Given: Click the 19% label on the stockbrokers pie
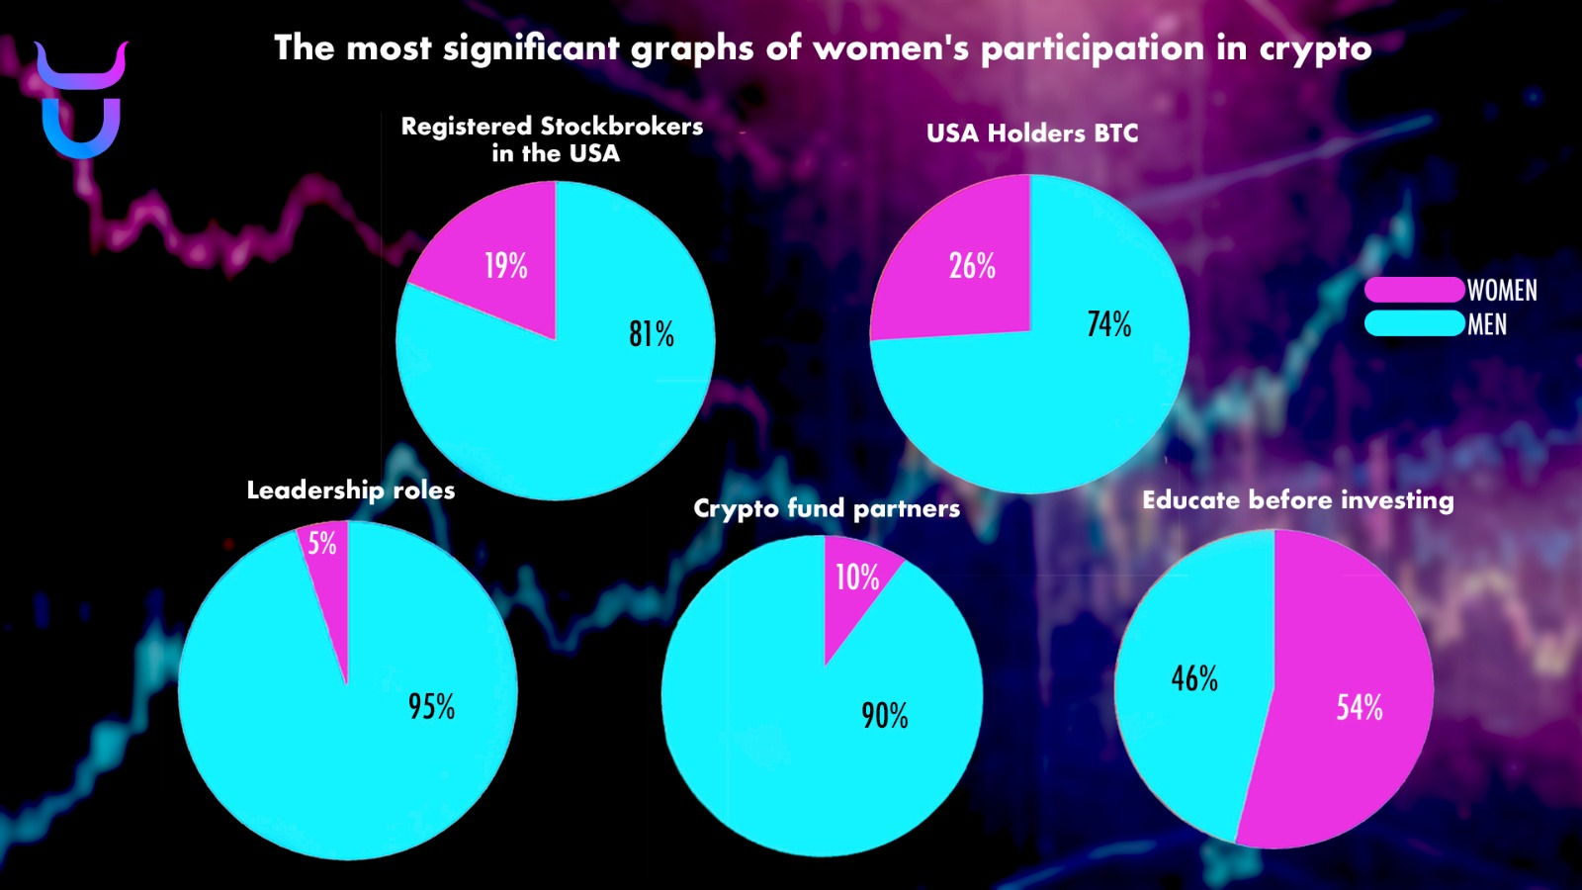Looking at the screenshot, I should pyautogui.click(x=505, y=266).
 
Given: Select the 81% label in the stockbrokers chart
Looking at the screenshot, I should pyautogui.click(x=652, y=334).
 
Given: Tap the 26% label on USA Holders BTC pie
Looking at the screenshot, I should pyautogui.click(x=972, y=266).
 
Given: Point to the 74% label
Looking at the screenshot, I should pyautogui.click(x=1108, y=324).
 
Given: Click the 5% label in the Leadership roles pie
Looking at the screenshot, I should pyautogui.click(x=322, y=543).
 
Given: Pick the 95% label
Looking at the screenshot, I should pyautogui.click(x=431, y=707).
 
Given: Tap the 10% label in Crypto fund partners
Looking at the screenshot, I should pyautogui.click(x=857, y=578).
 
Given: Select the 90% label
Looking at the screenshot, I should pyautogui.click(x=884, y=716).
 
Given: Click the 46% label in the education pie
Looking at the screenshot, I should pyautogui.click(x=1194, y=678).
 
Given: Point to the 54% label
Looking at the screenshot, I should pyautogui.click(x=1360, y=707).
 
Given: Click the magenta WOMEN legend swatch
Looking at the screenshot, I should pyautogui.click(x=1414, y=290).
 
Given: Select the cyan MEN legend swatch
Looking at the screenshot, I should pyautogui.click(x=1414, y=323).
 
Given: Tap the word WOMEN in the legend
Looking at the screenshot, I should pyautogui.click(x=1502, y=291).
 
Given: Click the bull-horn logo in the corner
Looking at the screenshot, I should pyautogui.click(x=81, y=99).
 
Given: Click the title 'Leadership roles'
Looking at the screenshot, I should pyautogui.click(x=351, y=490).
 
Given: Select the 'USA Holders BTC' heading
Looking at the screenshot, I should pyautogui.click(x=1032, y=133).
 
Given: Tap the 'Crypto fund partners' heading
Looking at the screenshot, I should pyautogui.click(x=827, y=508).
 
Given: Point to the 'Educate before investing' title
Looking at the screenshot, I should pyautogui.click(x=1298, y=500).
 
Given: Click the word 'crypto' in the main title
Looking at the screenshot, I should pyautogui.click(x=1315, y=49).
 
